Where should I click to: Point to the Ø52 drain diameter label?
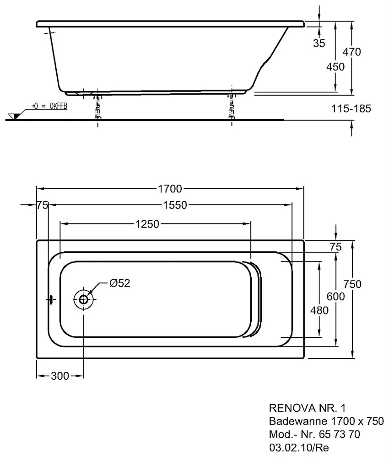point(120,283)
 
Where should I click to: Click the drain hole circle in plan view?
point(84,299)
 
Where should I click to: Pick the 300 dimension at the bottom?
point(59,376)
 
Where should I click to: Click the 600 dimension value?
point(336,296)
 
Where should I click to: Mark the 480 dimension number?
point(319,311)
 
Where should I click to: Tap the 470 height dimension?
point(351,52)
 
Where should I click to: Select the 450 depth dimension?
point(335,66)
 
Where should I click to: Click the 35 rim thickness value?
point(319,43)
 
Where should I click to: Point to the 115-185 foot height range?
point(351,109)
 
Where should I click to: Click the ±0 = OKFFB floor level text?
point(49,106)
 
